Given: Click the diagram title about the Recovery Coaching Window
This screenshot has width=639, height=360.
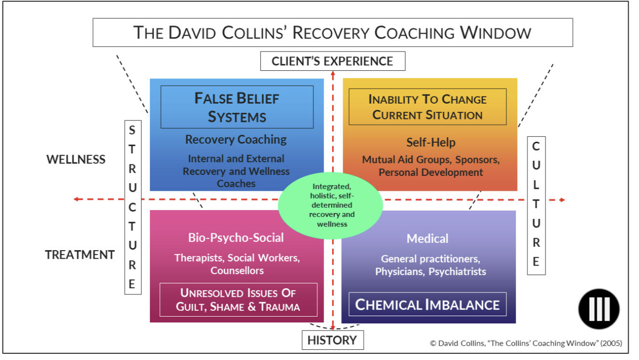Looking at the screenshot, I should pyautogui.click(x=332, y=33).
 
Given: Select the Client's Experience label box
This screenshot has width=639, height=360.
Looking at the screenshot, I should pyautogui.click(x=332, y=61).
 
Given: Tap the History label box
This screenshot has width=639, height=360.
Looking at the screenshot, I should pyautogui.click(x=332, y=340).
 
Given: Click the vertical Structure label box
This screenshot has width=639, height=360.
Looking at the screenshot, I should pyautogui.click(x=133, y=207).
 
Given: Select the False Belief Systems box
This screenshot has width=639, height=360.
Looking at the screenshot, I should pyautogui.click(x=237, y=107).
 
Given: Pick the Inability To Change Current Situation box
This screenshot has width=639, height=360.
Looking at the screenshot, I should pyautogui.click(x=427, y=107).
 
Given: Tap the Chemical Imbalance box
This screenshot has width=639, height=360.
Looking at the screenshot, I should pyautogui.click(x=427, y=305).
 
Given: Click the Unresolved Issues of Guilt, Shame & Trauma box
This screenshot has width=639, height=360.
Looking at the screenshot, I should pyautogui.click(x=238, y=300).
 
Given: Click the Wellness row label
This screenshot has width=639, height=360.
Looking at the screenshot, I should pyautogui.click(x=76, y=160).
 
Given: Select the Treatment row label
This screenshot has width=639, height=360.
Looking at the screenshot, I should pyautogui.click(x=80, y=254).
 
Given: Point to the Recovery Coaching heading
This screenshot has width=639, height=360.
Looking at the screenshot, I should pyautogui.click(x=236, y=140).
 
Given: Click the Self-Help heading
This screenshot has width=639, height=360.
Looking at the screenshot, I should pyautogui.click(x=431, y=142).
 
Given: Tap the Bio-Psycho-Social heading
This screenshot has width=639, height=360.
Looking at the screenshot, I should pyautogui.click(x=236, y=238).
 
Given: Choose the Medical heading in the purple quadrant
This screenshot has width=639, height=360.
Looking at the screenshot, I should pyautogui.click(x=427, y=239).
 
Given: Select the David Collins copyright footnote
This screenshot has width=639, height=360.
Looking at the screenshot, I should pyautogui.click(x=526, y=344).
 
